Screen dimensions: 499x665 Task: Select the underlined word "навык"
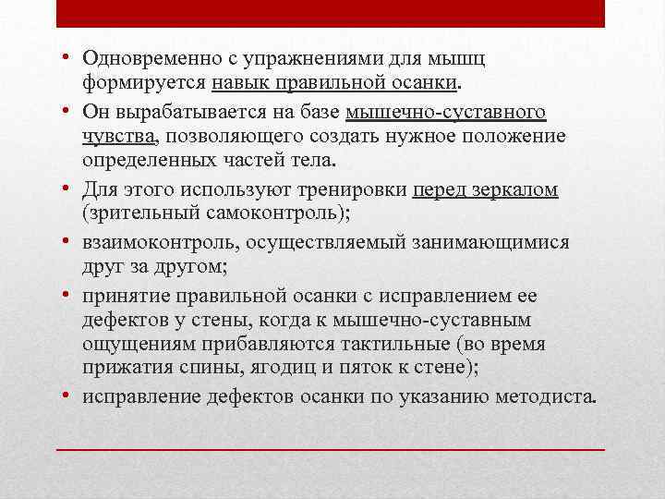point(241,84)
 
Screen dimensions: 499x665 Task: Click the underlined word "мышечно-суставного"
point(445,112)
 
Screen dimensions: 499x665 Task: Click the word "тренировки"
point(347,189)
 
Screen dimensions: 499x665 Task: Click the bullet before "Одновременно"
point(70,58)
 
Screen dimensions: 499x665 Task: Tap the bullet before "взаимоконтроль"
point(70,241)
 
